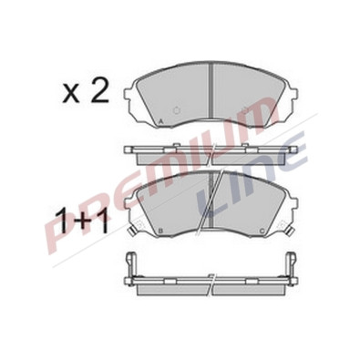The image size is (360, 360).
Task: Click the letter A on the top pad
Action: tap(161, 121)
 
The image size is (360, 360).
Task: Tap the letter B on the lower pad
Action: tap(160, 231)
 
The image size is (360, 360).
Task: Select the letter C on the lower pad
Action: tap(262, 231)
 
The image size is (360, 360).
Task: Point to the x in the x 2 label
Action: tap(71, 94)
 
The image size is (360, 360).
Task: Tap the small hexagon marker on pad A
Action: tap(176, 110)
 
